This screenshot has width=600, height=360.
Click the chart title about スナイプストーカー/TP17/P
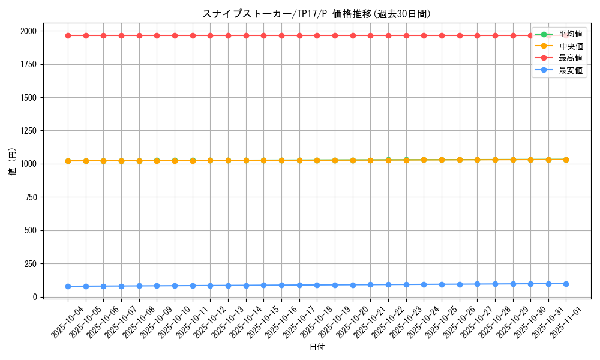point(317,14)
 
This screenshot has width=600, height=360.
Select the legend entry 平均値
point(570,34)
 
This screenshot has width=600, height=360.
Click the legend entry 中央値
point(570,46)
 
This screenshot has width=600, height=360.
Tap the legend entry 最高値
point(570,58)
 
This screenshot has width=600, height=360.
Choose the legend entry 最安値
point(570,70)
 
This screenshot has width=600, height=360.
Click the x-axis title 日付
point(317,347)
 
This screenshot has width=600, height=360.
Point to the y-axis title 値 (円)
point(13,163)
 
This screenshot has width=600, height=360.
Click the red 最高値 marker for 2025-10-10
point(175,35)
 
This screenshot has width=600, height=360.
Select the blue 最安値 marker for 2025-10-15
point(263,285)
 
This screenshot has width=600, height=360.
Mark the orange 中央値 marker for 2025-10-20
point(353,160)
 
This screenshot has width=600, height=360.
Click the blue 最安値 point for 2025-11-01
point(566,284)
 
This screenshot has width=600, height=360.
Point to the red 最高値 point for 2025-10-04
point(68,35)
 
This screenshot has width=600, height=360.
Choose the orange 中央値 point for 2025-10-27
point(477,160)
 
